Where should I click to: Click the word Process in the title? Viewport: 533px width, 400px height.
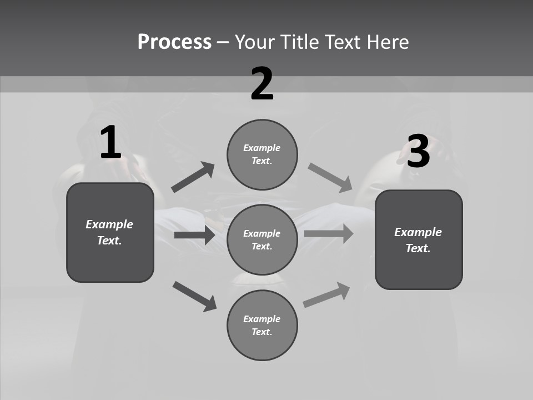coord(174,42)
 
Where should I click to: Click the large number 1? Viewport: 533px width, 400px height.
coord(110,143)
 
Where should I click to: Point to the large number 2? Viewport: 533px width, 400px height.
coord(262,84)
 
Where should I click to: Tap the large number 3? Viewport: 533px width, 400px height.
coord(418,152)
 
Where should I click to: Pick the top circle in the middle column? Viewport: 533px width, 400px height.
coord(262,154)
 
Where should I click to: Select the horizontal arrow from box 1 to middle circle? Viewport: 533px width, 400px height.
coord(194,235)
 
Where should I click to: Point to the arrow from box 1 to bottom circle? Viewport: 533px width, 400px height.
coord(194,296)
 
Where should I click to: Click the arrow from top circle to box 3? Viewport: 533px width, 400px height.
coord(330,178)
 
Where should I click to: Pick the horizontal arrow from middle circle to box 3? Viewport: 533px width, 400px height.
coord(329,233)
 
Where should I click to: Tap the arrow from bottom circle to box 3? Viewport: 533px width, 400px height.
coord(327,295)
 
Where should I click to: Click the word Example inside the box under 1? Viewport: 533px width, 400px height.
coord(109,224)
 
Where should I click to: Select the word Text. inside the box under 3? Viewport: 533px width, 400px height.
coord(418,248)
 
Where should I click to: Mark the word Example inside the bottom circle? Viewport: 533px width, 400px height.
coord(262,319)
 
